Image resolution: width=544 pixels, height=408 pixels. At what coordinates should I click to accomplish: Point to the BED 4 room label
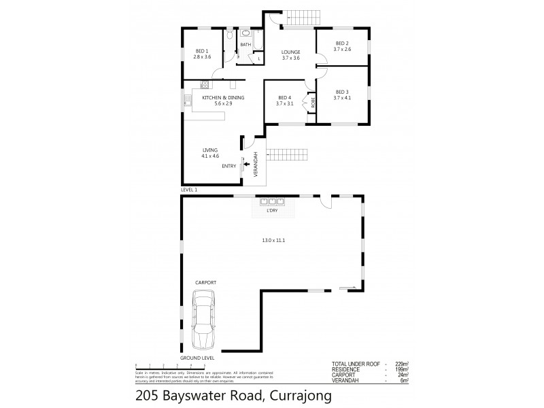(x=284, y=100)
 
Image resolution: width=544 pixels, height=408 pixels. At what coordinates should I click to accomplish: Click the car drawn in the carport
(x=205, y=319)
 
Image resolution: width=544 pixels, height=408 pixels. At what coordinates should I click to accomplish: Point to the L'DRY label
(x=272, y=211)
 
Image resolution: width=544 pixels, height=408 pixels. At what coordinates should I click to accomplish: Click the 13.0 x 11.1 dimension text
(x=273, y=240)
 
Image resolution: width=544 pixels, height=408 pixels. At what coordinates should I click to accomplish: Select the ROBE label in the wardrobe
(x=313, y=103)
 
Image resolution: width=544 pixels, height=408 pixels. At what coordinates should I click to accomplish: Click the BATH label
(x=245, y=45)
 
